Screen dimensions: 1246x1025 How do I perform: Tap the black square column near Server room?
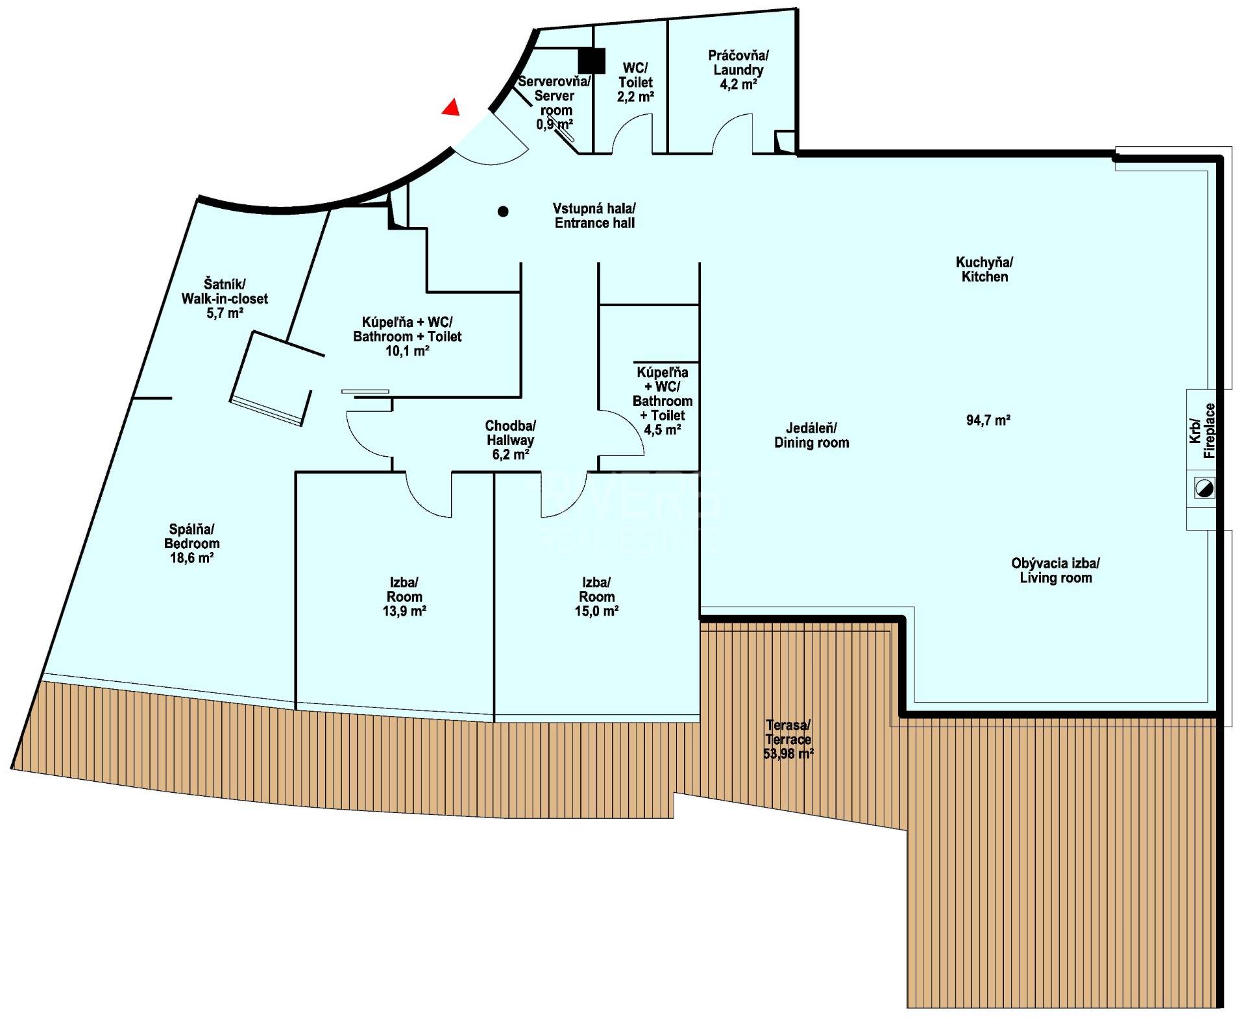click(x=592, y=60)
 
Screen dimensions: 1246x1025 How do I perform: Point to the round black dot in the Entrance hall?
click(x=503, y=211)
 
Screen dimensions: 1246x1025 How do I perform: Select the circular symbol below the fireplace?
click(x=1204, y=488)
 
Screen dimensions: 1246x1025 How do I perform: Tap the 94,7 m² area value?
click(x=988, y=420)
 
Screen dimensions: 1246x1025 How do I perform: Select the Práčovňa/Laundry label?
click(x=738, y=70)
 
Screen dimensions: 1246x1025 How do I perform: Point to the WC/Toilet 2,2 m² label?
click(x=635, y=82)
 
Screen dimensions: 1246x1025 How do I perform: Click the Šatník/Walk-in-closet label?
click(x=225, y=298)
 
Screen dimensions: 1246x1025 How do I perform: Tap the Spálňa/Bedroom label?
click(x=191, y=543)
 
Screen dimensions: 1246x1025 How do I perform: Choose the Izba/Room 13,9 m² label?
click(x=404, y=596)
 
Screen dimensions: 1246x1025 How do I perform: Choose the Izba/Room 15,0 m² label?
click(x=596, y=596)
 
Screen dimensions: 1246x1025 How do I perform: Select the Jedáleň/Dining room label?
click(x=811, y=435)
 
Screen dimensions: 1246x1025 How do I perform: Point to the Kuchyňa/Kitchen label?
click(x=984, y=269)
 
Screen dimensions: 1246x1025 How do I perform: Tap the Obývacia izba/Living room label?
click(x=1056, y=571)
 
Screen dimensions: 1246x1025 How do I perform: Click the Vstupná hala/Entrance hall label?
click(x=594, y=215)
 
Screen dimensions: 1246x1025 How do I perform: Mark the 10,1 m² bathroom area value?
click(x=408, y=351)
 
